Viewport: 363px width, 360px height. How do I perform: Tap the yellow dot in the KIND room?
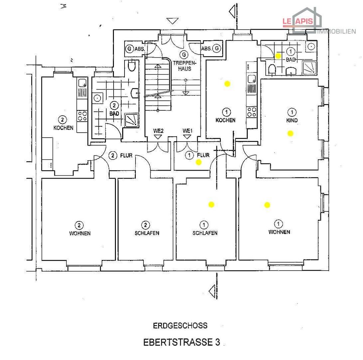tap(290, 133)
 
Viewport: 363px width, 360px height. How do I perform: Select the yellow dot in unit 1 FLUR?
tap(198, 162)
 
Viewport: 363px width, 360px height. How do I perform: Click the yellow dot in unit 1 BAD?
tap(278, 56)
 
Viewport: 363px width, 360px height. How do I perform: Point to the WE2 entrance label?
tap(159, 131)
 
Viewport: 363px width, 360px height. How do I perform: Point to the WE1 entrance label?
tap(187, 131)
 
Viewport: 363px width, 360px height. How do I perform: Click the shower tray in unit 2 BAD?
tap(132, 120)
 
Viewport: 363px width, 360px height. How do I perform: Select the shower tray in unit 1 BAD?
tap(309, 68)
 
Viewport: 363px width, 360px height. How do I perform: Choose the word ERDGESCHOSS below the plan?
tap(180, 326)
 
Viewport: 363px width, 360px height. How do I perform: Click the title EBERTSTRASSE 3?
tap(181, 342)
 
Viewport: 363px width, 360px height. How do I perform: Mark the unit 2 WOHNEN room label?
tap(80, 233)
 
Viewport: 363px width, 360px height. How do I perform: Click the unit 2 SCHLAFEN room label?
tap(147, 233)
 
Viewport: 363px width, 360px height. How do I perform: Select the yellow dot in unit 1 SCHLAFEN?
tap(211, 204)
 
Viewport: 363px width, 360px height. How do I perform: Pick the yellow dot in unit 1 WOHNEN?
tap(267, 205)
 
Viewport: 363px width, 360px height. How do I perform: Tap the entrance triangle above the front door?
tap(173, 21)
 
